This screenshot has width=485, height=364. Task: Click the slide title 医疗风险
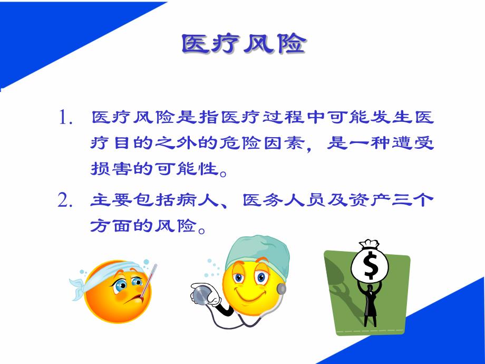(243, 44)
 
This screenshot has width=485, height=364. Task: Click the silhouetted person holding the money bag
(370, 306)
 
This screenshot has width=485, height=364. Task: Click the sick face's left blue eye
(121, 285)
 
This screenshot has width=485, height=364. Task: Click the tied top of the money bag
(369, 245)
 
